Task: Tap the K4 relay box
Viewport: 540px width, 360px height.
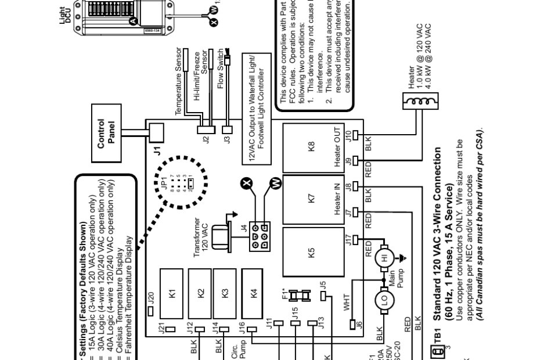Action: pyautogui.click(x=254, y=294)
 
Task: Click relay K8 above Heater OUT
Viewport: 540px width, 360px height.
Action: pyautogui.click(x=312, y=146)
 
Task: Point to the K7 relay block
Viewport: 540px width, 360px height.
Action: pyautogui.click(x=312, y=198)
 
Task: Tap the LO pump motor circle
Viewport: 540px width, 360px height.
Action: pyautogui.click(x=384, y=301)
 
